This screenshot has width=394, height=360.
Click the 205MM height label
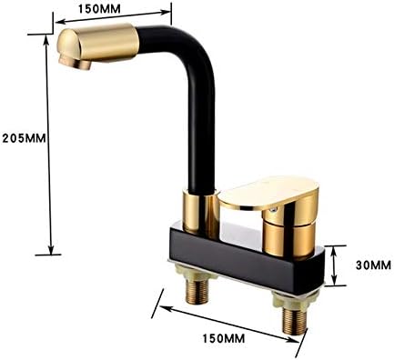pyautogui.click(x=23, y=137)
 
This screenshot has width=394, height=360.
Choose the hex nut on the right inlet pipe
pyautogui.click(x=293, y=302)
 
